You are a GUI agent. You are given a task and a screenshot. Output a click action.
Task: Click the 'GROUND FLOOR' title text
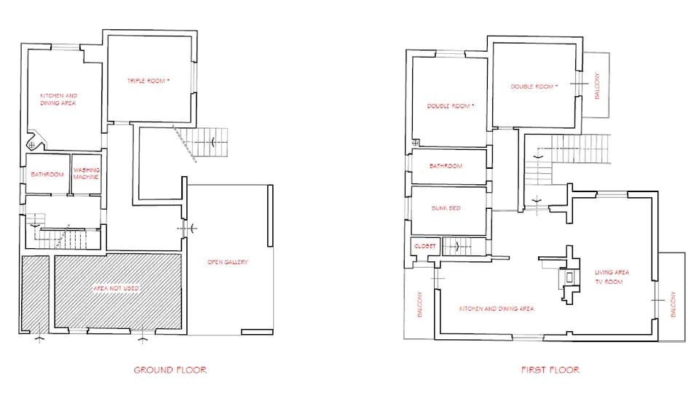click(170, 370)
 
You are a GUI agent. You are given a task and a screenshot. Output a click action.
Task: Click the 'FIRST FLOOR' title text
click(550, 370)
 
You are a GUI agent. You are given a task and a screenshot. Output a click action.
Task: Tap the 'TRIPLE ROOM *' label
click(149, 80)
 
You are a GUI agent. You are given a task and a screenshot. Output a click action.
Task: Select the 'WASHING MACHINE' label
click(86, 174)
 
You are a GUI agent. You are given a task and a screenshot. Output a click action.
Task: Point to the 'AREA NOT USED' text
click(116, 288)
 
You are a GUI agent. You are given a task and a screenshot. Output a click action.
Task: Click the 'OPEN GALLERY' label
click(228, 262)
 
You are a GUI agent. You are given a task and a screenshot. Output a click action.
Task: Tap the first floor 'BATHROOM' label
click(446, 166)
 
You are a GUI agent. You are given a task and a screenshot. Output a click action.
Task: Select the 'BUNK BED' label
click(445, 208)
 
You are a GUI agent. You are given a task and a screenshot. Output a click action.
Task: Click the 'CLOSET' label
click(424, 246)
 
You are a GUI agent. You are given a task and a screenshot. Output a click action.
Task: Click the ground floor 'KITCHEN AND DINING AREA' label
click(58, 100)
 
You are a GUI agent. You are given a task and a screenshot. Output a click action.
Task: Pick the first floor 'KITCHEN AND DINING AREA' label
click(497, 309)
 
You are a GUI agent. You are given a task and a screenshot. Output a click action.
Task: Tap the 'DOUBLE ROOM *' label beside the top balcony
click(534, 87)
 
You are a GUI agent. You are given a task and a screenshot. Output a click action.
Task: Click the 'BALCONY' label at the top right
click(597, 86)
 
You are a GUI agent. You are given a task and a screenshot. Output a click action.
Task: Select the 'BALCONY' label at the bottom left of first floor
click(419, 305)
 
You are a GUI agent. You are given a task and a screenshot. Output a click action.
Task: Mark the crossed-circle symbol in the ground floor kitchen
click(31, 146)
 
